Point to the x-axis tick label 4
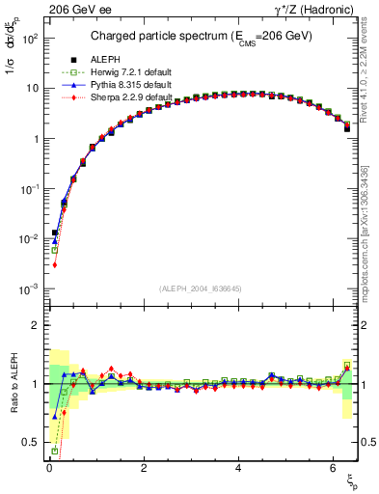click(237, 470)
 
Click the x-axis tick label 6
click(332, 470)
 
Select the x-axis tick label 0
click(48, 470)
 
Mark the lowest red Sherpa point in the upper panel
click(55, 264)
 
